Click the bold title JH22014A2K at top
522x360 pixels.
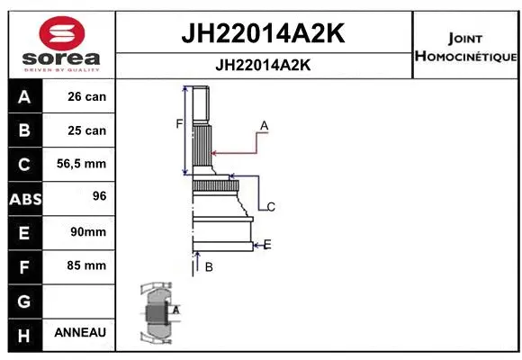(265, 34)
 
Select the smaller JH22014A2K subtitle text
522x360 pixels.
(265, 65)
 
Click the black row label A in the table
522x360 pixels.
(24, 97)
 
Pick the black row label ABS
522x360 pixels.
(24, 199)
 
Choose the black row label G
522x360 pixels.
(24, 300)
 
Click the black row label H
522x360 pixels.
(24, 334)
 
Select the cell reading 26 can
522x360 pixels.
(86, 97)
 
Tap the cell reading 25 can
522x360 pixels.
(86, 130)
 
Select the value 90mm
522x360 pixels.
(86, 232)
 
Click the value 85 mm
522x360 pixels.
(86, 265)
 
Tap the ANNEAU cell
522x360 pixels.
(80, 333)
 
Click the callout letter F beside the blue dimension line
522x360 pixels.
(179, 124)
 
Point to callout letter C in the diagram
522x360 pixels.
(270, 207)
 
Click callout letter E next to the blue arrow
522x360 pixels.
(267, 244)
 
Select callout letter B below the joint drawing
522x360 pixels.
(209, 266)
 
